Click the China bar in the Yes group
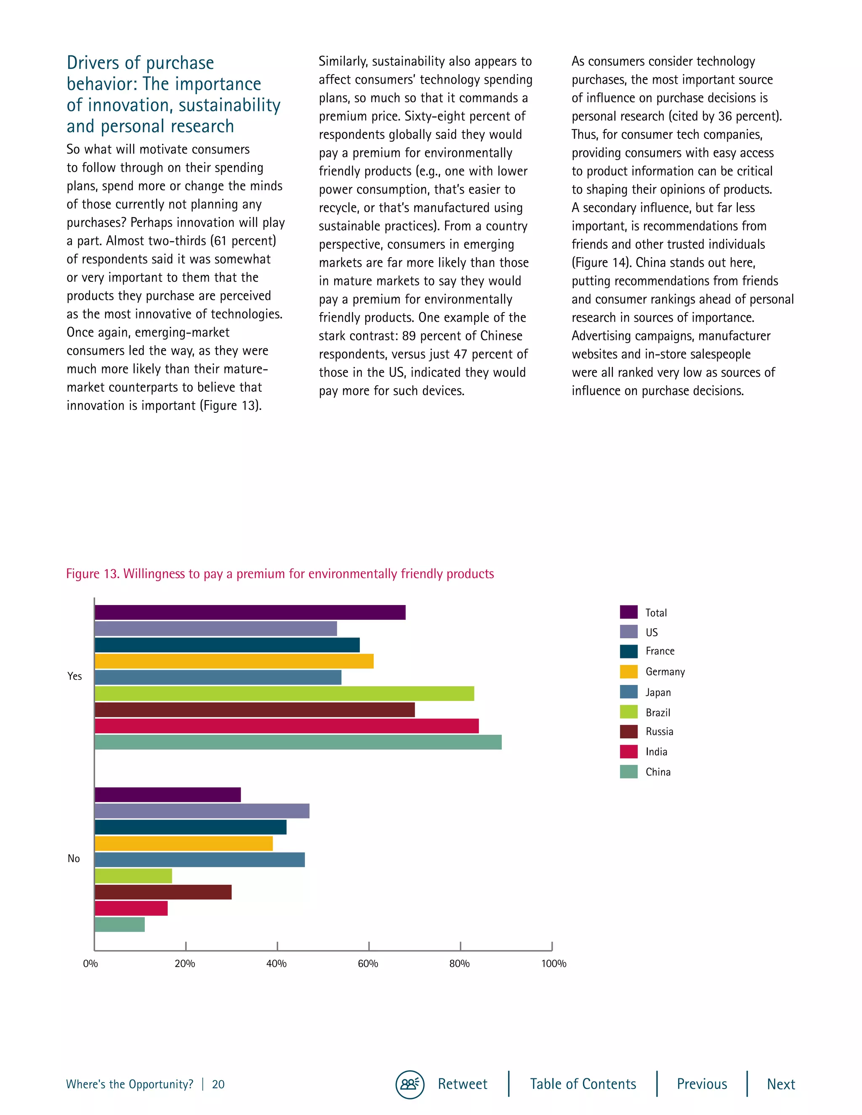coord(298,742)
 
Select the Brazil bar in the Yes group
coord(284,693)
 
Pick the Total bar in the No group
coord(168,795)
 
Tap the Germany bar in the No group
coord(184,843)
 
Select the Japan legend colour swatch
coord(629,692)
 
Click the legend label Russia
coord(659,732)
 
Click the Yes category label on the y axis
coord(74,676)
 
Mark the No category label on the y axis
coord(74,858)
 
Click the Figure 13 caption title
coord(280,574)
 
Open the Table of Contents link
coord(583,1084)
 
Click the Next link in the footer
coord(781,1084)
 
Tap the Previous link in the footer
coord(702,1084)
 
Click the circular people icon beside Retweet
coord(410,1084)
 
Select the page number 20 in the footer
coord(218,1084)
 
